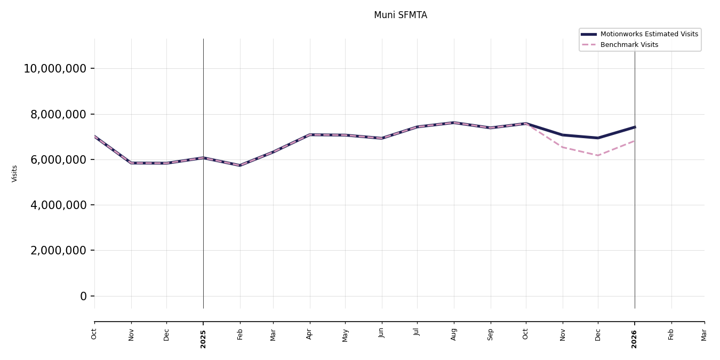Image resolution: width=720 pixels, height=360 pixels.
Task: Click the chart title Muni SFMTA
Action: pos(400,15)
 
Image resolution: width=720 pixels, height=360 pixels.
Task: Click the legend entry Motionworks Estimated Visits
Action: pos(649,34)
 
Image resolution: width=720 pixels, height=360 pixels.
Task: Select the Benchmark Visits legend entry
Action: pos(629,45)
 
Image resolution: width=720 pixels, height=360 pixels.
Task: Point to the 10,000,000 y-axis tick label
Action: pos(55,69)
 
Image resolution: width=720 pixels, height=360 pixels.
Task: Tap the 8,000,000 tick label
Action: pos(58,114)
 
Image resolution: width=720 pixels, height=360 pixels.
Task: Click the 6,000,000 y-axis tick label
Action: pos(58,159)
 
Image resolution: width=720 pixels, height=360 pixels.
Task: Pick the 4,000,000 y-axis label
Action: pos(58,205)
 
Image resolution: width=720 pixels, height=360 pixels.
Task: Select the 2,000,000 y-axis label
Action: pos(58,250)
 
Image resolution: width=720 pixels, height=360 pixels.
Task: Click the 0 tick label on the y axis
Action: pos(83,296)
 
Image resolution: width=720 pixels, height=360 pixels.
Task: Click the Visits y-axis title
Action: pos(15,173)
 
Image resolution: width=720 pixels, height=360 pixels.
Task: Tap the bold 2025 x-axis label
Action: pos(203,339)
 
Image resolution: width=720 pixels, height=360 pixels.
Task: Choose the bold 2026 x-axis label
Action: pos(635,339)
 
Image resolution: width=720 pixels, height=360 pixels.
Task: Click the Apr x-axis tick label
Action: pos(310,334)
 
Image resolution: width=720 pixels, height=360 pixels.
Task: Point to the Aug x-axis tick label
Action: pos(454,334)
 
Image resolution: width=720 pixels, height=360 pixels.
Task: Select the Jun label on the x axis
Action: pos(382,333)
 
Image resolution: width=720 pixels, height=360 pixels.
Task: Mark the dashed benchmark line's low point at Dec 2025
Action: pos(598,155)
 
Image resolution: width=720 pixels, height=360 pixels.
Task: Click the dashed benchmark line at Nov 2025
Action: pos(563,147)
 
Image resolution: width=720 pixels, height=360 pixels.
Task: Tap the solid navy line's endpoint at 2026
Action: pos(635,127)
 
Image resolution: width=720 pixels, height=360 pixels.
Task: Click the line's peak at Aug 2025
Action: pos(454,123)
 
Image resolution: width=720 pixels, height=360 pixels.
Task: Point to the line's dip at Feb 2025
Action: pos(240,165)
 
